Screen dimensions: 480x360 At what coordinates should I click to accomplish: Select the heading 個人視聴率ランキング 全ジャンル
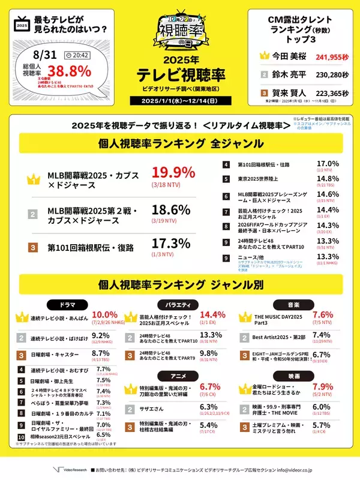[x=179, y=143]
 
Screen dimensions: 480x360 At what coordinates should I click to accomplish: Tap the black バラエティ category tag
[x=179, y=305]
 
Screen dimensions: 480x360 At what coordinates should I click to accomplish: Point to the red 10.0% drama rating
[x=104, y=316]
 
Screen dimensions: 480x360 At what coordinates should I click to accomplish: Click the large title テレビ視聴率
[x=179, y=76]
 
